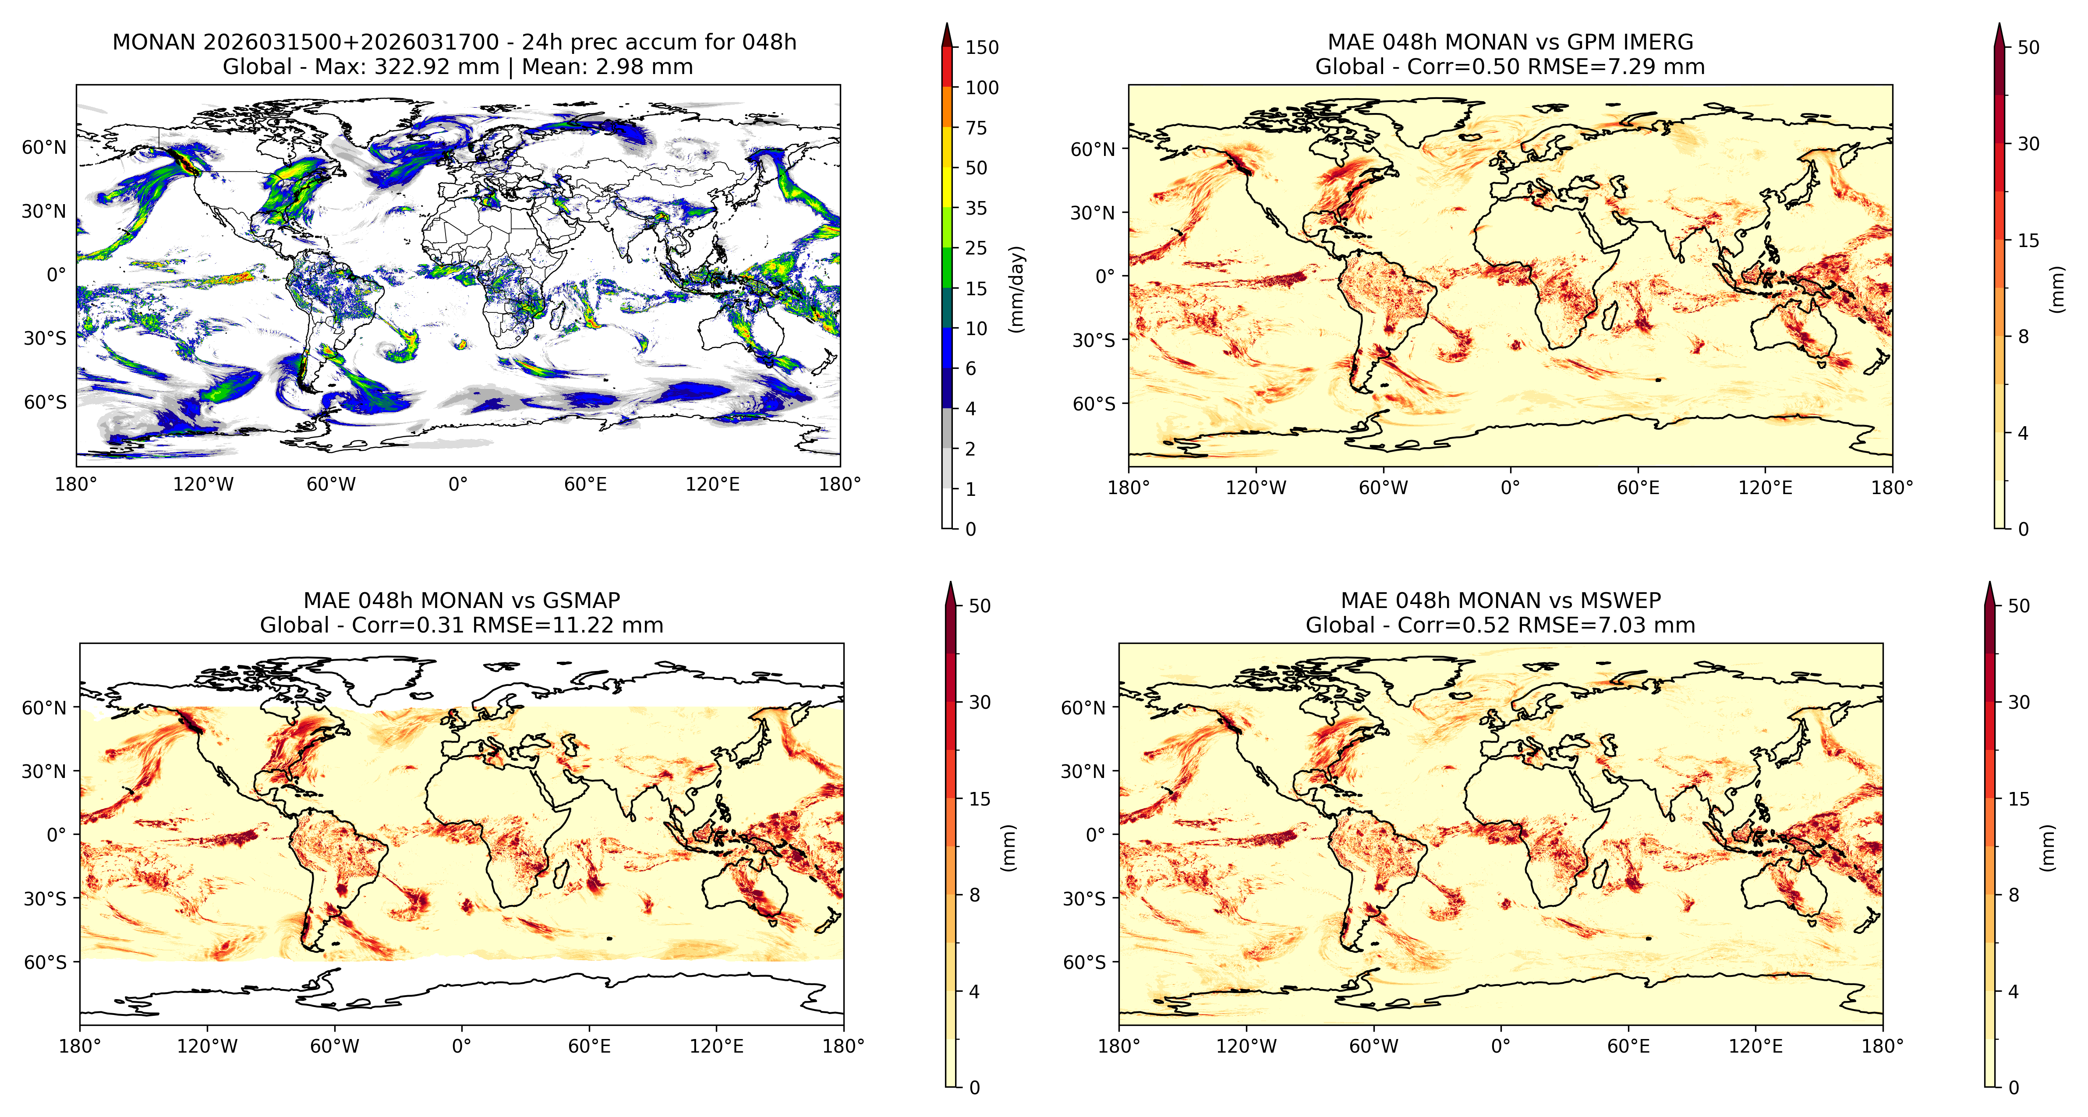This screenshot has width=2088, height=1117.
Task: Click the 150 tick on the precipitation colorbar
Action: pos(982,47)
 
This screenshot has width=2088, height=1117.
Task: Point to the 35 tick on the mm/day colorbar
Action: pos(976,209)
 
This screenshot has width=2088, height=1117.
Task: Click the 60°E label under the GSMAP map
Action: pos(589,1046)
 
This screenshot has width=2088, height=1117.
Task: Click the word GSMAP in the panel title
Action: pos(581,601)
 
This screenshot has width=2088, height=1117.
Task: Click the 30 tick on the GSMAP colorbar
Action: pos(980,702)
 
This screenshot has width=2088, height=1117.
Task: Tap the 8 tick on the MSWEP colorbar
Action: pos(2014,895)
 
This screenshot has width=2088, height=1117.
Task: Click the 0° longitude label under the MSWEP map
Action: pos(1501,1046)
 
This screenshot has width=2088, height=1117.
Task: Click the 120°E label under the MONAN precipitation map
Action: pos(712,485)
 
